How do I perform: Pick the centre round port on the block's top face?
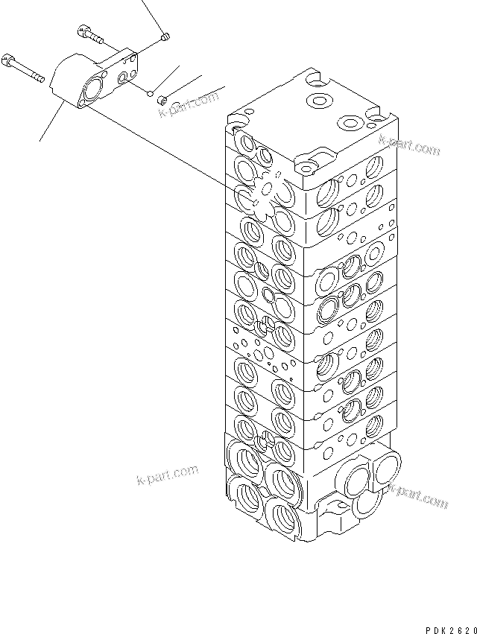click(320, 101)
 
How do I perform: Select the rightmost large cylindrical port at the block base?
click(385, 471)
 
